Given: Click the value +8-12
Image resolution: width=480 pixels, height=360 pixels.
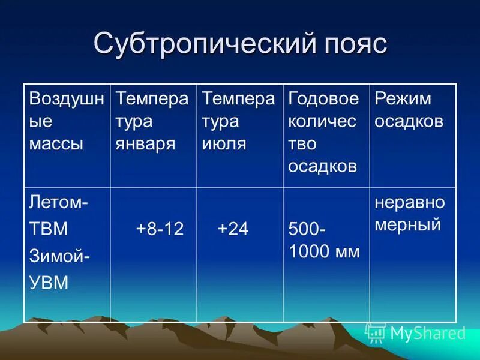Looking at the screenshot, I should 160,229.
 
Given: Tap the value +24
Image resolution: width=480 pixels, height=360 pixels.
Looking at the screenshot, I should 233,229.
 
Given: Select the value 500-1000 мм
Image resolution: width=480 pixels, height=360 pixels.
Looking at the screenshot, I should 324,240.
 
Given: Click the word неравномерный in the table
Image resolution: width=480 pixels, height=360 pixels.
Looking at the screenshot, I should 410,213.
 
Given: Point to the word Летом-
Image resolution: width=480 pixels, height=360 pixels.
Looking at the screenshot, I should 58,202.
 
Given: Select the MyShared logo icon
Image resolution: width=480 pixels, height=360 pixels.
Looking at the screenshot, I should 376,332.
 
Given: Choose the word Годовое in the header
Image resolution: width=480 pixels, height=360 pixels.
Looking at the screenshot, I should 323,98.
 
